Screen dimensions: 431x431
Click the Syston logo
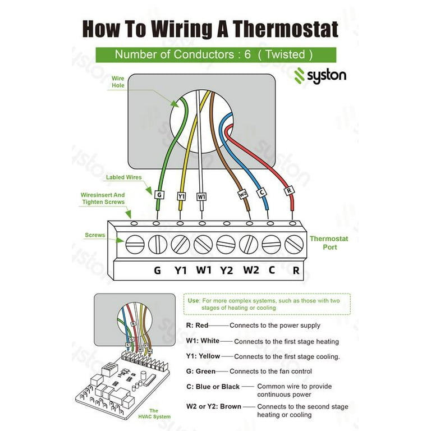click(320, 75)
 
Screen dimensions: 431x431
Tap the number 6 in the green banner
click(247, 55)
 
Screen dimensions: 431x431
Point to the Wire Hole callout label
click(118, 82)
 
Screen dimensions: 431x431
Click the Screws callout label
click(95, 235)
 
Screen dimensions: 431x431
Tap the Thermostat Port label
click(329, 242)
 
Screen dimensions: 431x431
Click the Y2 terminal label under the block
click(226, 270)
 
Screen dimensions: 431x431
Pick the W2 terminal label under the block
click(251, 270)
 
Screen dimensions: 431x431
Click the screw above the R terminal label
click(294, 245)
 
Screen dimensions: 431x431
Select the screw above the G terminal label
click(157, 245)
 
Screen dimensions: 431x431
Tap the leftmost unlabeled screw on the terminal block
click(135, 245)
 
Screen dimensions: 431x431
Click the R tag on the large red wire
click(290, 191)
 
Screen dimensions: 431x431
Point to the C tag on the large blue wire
click(261, 192)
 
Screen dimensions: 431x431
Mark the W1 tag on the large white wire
click(201, 197)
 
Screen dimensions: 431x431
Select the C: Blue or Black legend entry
click(213, 387)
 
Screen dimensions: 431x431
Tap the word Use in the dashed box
click(193, 301)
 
